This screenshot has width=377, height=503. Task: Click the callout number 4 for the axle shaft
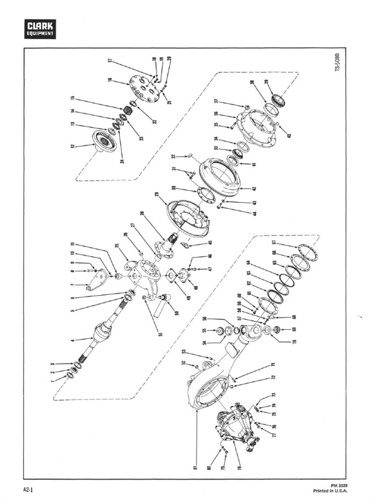[x=72, y=340]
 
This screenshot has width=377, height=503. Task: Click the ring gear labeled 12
[x=104, y=141]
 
